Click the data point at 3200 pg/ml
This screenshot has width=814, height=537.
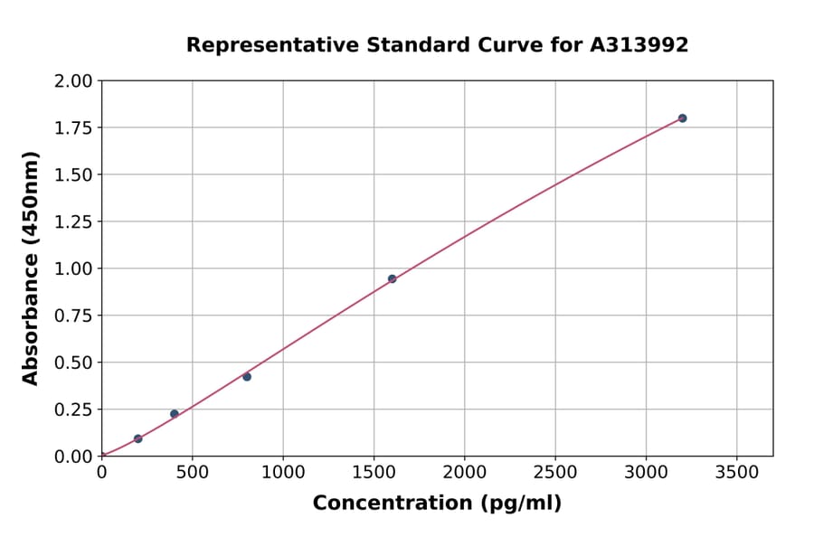[x=682, y=118]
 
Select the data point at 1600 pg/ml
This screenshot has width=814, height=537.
[x=392, y=278]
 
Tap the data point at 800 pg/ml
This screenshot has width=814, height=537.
[x=247, y=376]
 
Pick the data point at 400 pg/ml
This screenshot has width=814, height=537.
[x=175, y=414]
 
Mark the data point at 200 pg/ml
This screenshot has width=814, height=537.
[x=137, y=438]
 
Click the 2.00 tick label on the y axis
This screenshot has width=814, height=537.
[x=74, y=81]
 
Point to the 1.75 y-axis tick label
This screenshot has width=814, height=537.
[x=74, y=128]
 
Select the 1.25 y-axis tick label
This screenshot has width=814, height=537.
[x=74, y=222]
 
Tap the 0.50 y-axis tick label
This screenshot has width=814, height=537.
[x=74, y=363]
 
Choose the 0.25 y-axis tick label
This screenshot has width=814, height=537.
[x=74, y=410]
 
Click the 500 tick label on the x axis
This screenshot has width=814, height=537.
[x=192, y=472]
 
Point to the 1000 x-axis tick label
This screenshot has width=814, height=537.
[x=283, y=472]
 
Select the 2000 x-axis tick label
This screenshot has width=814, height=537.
[x=465, y=472]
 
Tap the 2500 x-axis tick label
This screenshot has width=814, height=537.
[x=555, y=472]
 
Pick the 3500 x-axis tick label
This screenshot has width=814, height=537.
[x=736, y=472]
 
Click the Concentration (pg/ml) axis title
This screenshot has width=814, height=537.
[x=437, y=503]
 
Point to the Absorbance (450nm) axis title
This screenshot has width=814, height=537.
[x=31, y=268]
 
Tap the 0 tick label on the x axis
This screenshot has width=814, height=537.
[x=101, y=472]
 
